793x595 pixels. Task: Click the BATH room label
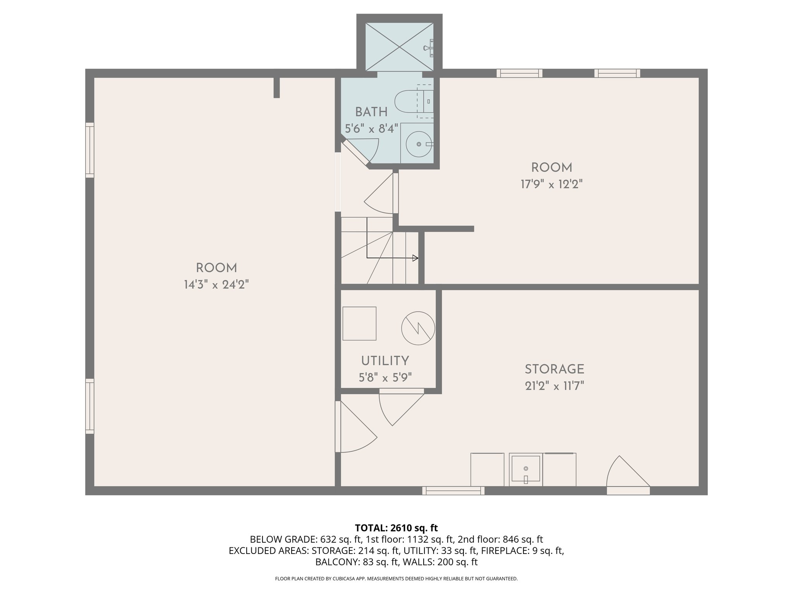point(371,112)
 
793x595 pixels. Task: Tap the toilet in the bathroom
point(410,101)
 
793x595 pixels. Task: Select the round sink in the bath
point(419,144)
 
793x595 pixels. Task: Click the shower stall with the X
point(399,46)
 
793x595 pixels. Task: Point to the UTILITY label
point(385,361)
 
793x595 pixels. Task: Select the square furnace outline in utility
point(359,323)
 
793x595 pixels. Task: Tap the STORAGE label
point(554,369)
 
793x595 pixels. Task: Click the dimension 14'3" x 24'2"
point(216,285)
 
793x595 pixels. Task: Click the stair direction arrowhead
point(415,258)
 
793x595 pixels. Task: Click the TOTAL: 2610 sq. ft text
point(396,528)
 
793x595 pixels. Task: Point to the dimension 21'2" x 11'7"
point(554,386)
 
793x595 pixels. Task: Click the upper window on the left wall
point(90,150)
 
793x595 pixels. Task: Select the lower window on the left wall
point(90,406)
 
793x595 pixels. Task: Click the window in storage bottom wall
point(453,491)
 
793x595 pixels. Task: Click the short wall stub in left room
point(276,88)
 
